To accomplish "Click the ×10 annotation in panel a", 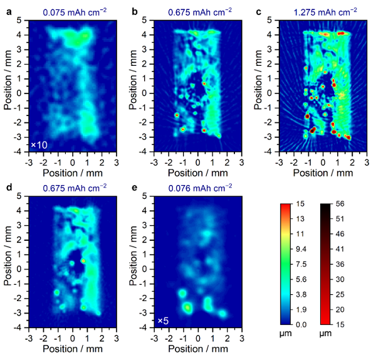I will coord(38,146).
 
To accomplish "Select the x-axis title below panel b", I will coord(197,171).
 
